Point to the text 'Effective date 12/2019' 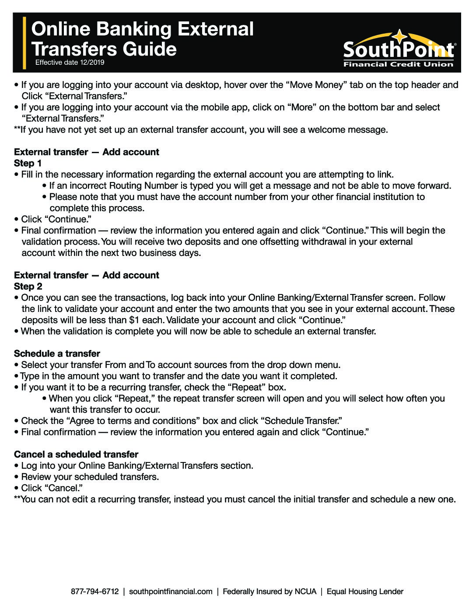tap(70, 63)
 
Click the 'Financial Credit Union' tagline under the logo tap(398, 64)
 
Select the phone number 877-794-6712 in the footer tap(94, 591)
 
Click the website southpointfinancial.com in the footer tap(171, 591)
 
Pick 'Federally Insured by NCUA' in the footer tap(269, 591)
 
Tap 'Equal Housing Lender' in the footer tap(365, 591)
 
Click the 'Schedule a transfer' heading tap(57, 353)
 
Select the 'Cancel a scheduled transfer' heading tap(76, 454)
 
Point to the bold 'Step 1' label tap(28, 163)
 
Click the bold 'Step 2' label tap(28, 287)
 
